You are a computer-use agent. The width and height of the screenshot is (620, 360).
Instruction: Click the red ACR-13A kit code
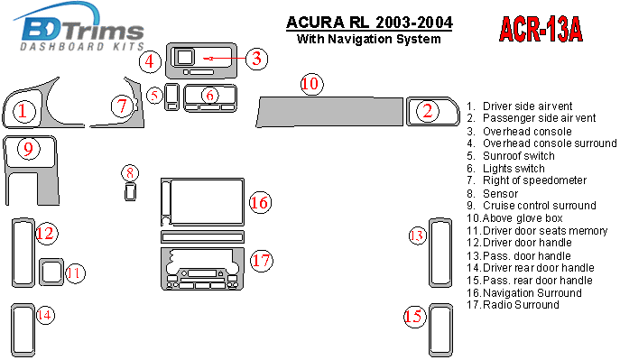[541, 29]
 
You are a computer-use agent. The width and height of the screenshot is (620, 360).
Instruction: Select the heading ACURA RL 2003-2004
[369, 23]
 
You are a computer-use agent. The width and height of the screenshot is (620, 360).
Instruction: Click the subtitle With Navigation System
[368, 39]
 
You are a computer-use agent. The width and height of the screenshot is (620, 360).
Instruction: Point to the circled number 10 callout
[311, 84]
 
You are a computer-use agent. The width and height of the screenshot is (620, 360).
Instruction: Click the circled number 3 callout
[256, 59]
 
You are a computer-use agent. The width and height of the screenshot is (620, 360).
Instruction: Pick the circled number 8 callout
[130, 173]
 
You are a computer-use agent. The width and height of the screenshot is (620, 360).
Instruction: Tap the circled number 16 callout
[260, 203]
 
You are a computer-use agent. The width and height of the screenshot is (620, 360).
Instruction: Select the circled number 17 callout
[262, 261]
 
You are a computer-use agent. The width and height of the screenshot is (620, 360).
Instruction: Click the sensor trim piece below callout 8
[130, 191]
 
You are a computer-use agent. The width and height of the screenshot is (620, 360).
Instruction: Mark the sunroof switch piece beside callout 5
[171, 97]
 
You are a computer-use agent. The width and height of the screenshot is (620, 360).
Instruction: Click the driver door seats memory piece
[51, 272]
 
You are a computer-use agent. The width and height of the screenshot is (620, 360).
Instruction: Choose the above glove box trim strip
[330, 112]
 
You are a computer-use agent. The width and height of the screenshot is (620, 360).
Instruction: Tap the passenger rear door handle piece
[440, 330]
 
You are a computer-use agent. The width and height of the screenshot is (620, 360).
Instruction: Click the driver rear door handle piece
[23, 330]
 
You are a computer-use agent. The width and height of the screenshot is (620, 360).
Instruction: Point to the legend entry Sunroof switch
[511, 156]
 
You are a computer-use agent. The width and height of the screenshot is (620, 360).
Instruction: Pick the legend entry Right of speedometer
[527, 180]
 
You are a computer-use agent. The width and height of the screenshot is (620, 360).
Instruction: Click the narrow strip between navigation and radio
[202, 237]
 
